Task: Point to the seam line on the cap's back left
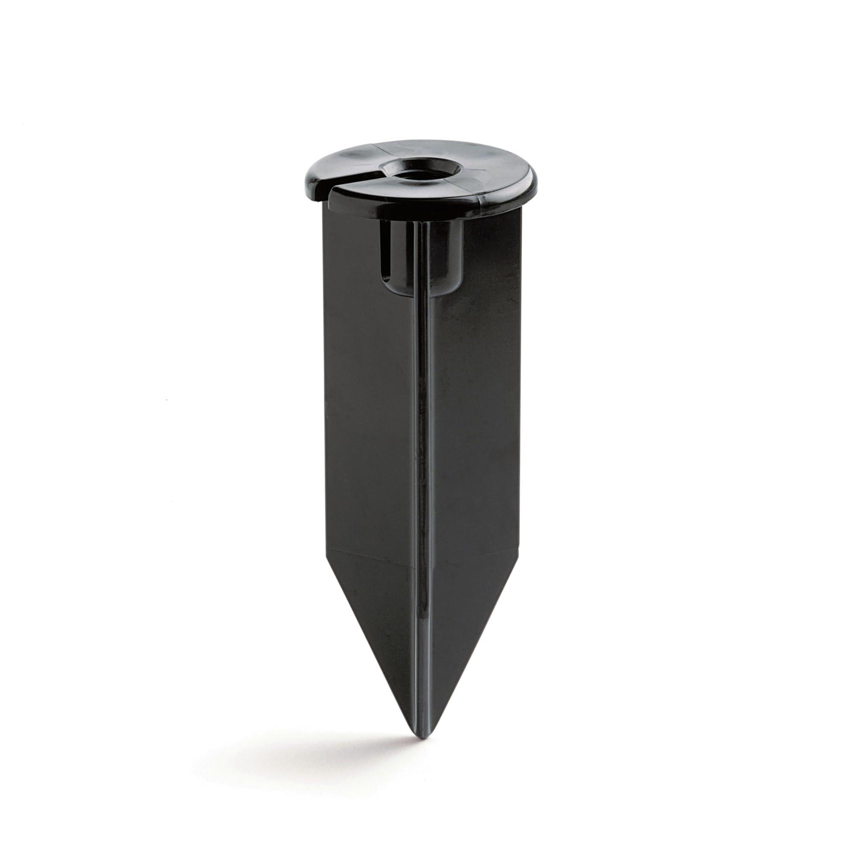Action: click(376, 145)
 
